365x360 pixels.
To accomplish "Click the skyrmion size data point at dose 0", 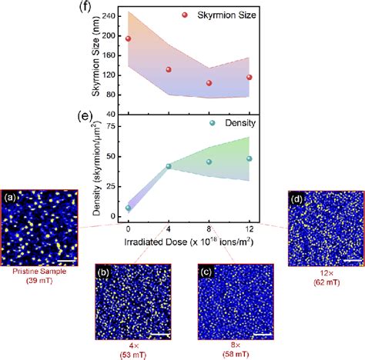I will click(x=128, y=38).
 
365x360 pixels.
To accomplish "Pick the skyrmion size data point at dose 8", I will click(x=209, y=83).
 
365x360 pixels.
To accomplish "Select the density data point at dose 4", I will click(x=169, y=166).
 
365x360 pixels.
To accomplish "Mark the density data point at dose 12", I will click(x=249, y=159).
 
